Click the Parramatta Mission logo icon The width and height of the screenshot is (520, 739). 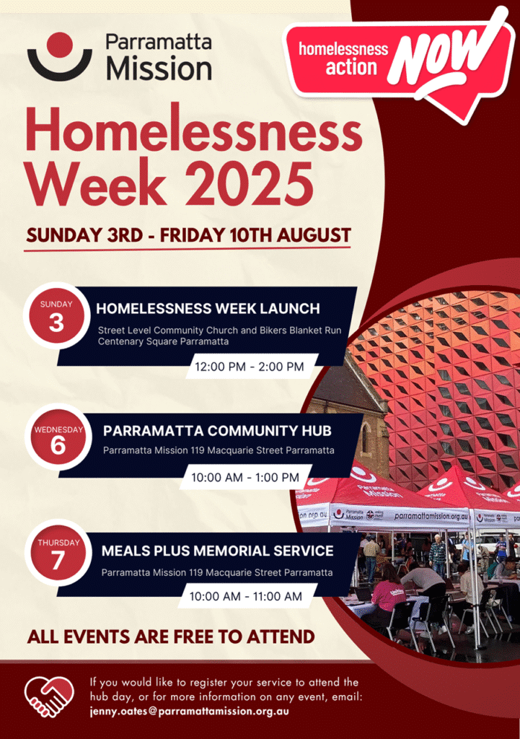click(59, 56)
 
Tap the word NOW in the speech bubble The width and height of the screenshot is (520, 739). click(439, 58)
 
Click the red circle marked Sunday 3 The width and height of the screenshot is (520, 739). click(56, 316)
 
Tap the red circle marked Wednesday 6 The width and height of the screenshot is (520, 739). click(58, 438)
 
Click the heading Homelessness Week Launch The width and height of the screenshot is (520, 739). click(208, 309)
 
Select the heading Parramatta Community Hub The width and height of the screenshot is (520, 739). click(217, 431)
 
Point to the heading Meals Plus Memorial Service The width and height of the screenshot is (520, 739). click(217, 551)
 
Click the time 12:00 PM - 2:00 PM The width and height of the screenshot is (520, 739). click(250, 367)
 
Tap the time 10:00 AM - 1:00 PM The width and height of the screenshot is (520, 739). click(245, 477)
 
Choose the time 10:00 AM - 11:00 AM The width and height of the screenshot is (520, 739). click(245, 596)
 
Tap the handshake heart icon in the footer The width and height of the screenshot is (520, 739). click(49, 696)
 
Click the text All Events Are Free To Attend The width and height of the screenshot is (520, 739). click(171, 637)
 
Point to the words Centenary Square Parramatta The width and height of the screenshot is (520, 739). click(163, 341)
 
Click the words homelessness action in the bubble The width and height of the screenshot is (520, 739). click(343, 58)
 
